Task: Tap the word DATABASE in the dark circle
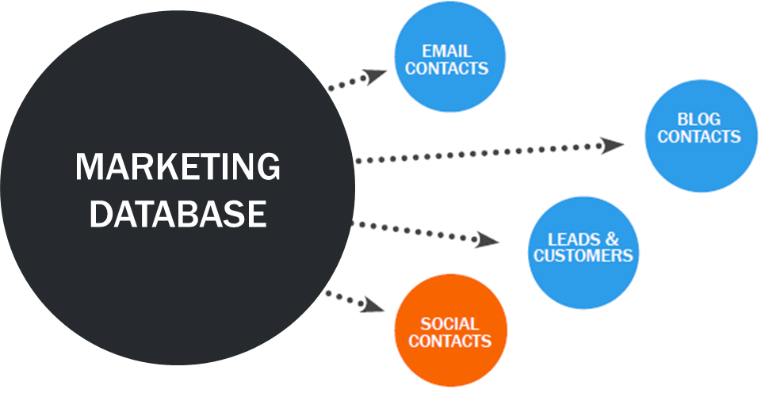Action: coord(178,214)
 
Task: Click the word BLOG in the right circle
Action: coord(699,120)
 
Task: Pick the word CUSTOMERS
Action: coord(583,255)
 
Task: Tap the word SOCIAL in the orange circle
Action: coord(449,324)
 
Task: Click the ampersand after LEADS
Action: coord(611,238)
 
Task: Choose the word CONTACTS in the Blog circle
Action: coord(699,136)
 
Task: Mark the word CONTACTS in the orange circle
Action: coord(450,341)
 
